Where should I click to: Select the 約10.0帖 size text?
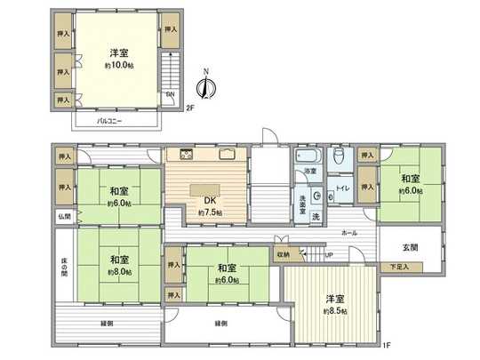(x=116, y=66)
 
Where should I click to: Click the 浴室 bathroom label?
(x=310, y=170)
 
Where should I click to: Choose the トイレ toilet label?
(x=343, y=188)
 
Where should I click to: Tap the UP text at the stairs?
(x=329, y=255)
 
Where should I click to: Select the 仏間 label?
(x=64, y=216)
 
